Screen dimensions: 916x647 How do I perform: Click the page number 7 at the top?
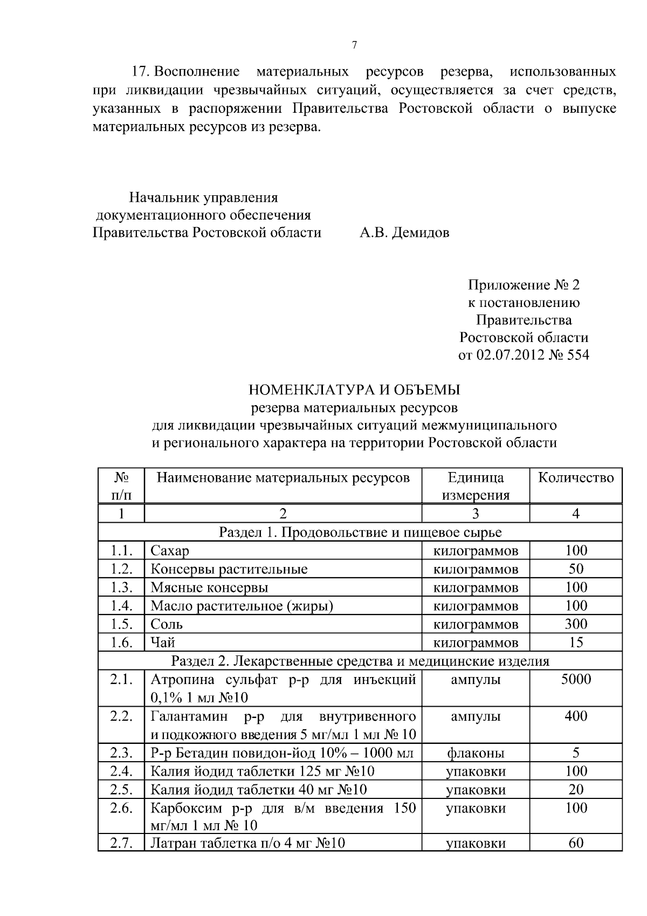(x=354, y=45)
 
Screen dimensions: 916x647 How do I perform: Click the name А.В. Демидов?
(x=404, y=233)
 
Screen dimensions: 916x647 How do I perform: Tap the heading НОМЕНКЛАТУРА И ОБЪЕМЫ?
(x=354, y=389)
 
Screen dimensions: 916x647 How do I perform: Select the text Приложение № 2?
(x=523, y=285)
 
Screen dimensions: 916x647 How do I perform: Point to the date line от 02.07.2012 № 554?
(x=523, y=356)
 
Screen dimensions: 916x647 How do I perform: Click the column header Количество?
(x=576, y=478)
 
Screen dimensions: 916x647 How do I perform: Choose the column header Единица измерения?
(x=476, y=486)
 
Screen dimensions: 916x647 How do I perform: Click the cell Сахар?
(x=170, y=551)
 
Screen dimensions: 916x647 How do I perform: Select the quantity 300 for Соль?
(x=576, y=624)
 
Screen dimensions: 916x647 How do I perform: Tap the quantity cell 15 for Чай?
(x=576, y=642)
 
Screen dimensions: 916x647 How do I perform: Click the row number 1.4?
(x=121, y=606)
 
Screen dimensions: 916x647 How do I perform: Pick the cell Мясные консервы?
(x=209, y=587)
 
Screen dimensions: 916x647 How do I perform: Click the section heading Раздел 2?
(x=360, y=661)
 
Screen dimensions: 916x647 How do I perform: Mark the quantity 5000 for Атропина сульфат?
(x=576, y=680)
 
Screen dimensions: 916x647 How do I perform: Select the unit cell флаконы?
(x=476, y=753)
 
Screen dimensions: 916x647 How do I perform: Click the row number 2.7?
(x=121, y=843)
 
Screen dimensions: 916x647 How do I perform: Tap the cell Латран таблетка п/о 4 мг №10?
(x=247, y=843)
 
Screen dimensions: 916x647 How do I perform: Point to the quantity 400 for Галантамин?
(x=576, y=716)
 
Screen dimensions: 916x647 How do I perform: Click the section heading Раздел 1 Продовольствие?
(x=360, y=532)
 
